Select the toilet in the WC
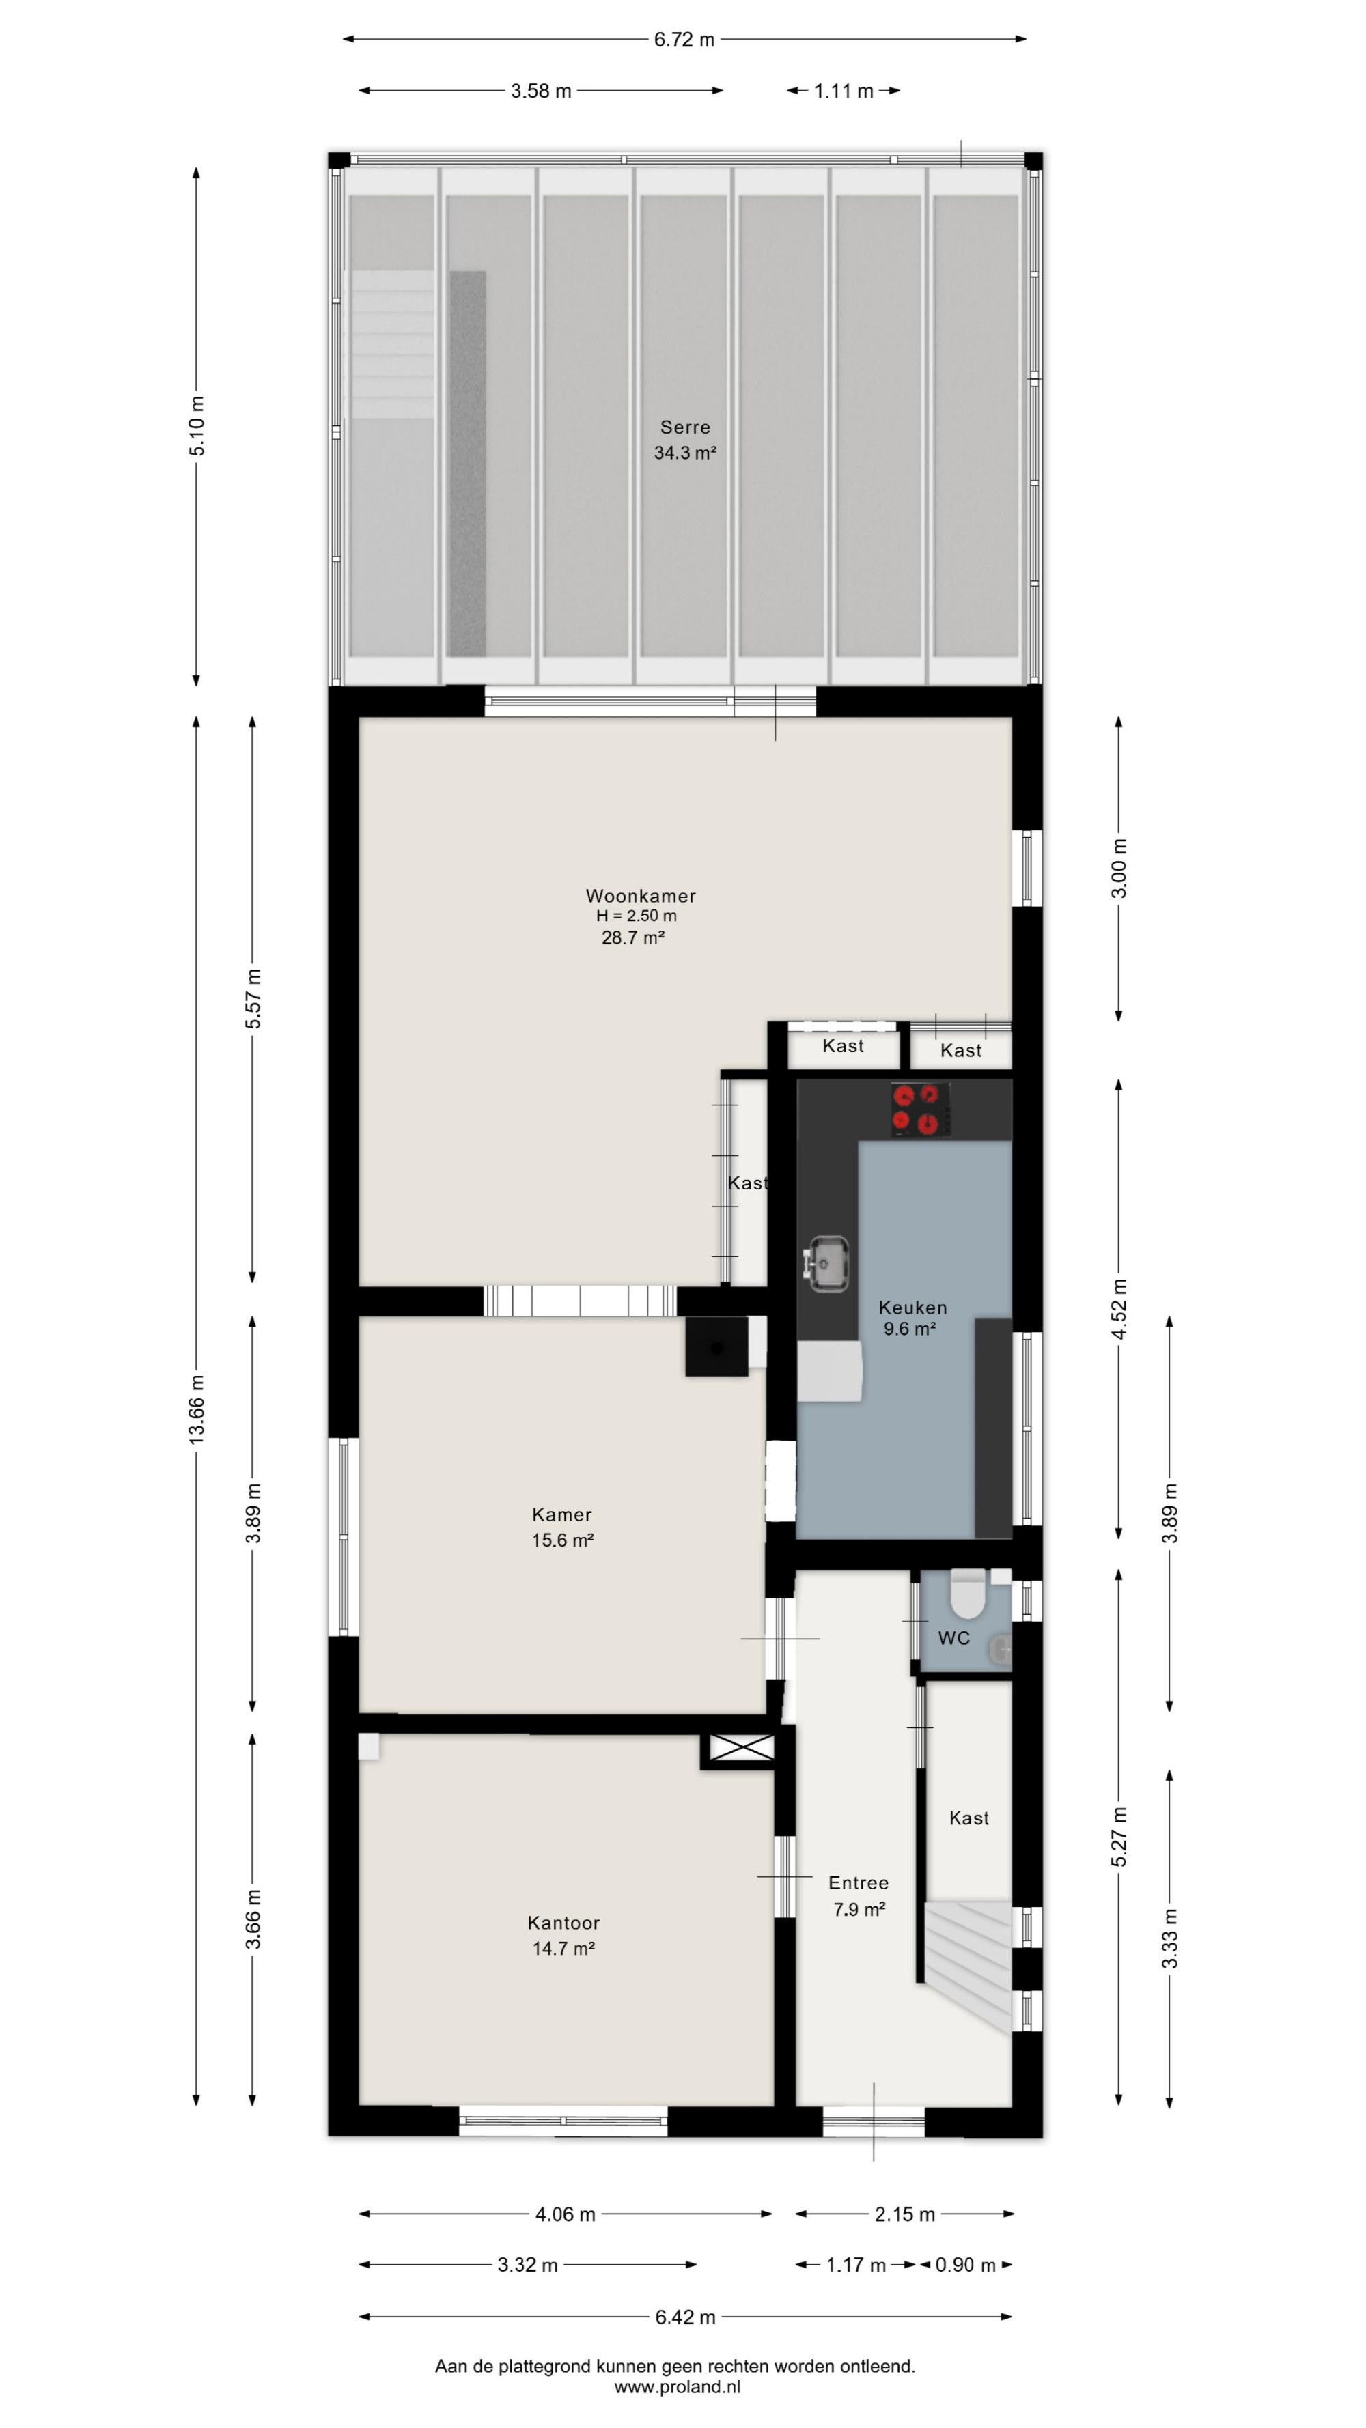(966, 1592)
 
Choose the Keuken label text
(912, 1308)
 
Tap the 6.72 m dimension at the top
(684, 40)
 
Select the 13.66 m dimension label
(196, 1409)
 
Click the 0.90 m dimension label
(965, 2265)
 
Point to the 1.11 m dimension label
(844, 91)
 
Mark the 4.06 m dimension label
(566, 2214)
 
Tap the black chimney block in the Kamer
(716, 1346)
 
